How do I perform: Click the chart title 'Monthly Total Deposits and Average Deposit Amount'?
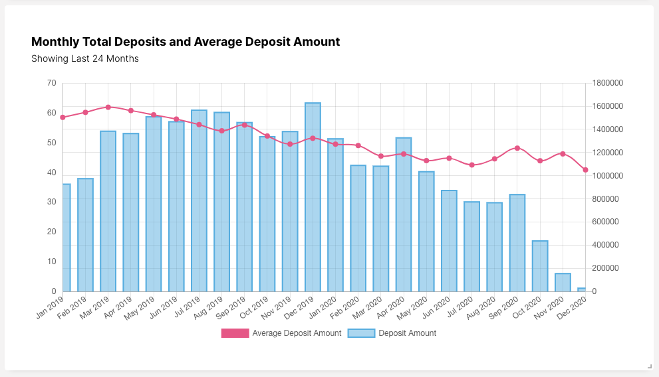coord(186,42)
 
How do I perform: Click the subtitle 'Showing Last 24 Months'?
coord(85,58)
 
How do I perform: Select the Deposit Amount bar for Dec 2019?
coord(313,197)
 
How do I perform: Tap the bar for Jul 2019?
coord(199,200)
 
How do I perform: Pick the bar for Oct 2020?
coord(540,266)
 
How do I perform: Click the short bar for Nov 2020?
coord(563,283)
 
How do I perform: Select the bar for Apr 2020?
coord(404,214)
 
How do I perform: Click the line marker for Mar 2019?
coord(108,107)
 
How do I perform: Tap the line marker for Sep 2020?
coord(517,148)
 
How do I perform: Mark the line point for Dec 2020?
coord(586,170)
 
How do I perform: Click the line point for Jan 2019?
coord(63,117)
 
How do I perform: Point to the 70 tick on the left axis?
coord(52,83)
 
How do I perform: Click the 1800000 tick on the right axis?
coord(608,83)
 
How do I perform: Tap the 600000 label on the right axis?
coord(606,222)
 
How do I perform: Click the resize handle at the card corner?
coord(650,366)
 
